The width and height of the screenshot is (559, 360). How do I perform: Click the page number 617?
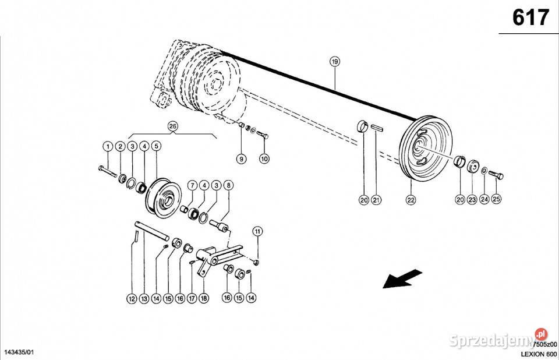pyautogui.click(x=530, y=18)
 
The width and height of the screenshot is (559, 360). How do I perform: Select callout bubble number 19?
pyautogui.click(x=334, y=61)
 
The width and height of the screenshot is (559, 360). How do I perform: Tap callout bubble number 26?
pyautogui.click(x=172, y=125)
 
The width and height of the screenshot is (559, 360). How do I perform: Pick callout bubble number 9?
pyautogui.click(x=240, y=158)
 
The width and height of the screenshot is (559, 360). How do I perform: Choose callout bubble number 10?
pyautogui.click(x=264, y=158)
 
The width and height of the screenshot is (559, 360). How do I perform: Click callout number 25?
pyautogui.click(x=496, y=200)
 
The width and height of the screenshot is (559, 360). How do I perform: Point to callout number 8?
pyautogui.click(x=228, y=186)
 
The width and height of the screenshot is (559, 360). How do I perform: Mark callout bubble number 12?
pyautogui.click(x=132, y=298)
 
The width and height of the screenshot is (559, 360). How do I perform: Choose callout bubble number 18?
pyautogui.click(x=203, y=298)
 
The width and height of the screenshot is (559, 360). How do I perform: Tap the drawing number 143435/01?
pyautogui.click(x=20, y=353)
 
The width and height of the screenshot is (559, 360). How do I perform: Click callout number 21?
pyautogui.click(x=377, y=200)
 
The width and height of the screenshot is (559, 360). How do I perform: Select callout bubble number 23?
pyautogui.click(x=472, y=200)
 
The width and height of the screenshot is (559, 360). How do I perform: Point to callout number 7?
pyautogui.click(x=192, y=186)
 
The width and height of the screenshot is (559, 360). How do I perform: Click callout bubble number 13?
pyautogui.click(x=144, y=298)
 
